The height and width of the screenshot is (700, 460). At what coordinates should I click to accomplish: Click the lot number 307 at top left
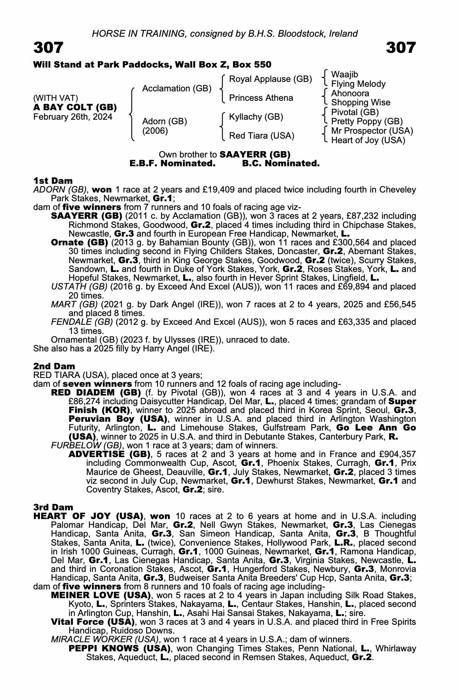[48, 48]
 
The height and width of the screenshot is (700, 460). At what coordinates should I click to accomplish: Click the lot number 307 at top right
[401, 48]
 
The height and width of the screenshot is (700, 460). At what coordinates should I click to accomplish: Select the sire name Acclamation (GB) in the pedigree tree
[177, 89]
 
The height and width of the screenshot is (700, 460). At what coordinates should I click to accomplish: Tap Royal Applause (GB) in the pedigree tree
[270, 79]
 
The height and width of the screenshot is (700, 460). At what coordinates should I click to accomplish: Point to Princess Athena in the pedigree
[261, 98]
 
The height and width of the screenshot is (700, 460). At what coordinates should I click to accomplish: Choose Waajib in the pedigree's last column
[345, 75]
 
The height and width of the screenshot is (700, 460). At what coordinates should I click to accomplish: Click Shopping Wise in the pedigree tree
[361, 103]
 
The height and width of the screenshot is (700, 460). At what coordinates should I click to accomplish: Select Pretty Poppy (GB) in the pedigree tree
[367, 121]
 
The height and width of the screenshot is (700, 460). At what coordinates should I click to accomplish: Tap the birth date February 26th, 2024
[73, 117]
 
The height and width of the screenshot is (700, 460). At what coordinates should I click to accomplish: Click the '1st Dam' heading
[53, 181]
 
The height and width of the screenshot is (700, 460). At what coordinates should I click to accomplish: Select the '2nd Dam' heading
[54, 366]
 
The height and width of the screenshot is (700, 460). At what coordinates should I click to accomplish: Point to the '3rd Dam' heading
[54, 507]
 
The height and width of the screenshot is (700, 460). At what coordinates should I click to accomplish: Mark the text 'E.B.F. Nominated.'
[172, 163]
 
